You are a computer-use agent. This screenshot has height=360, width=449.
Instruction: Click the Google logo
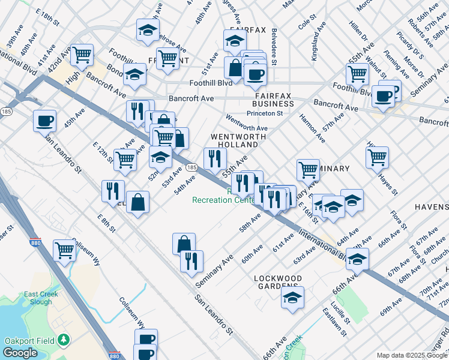coord(21,353)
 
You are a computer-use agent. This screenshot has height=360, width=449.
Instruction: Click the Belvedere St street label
coord(274,47)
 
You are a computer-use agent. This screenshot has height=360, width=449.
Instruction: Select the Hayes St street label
coord(387,182)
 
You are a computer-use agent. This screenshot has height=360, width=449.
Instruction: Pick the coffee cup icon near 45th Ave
coord(45,121)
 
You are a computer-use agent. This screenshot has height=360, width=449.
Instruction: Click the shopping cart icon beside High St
coord(82,55)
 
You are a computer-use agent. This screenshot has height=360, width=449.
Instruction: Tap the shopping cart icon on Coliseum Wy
coord(64,250)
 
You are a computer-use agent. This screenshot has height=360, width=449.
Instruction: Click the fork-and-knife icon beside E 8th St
coord(113,191)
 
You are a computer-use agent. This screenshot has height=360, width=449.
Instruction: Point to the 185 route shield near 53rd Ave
coord(190,168)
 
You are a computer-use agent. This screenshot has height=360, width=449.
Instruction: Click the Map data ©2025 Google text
coord(411,355)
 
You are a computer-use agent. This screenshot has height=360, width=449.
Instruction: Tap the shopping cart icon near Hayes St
coord(377,157)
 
